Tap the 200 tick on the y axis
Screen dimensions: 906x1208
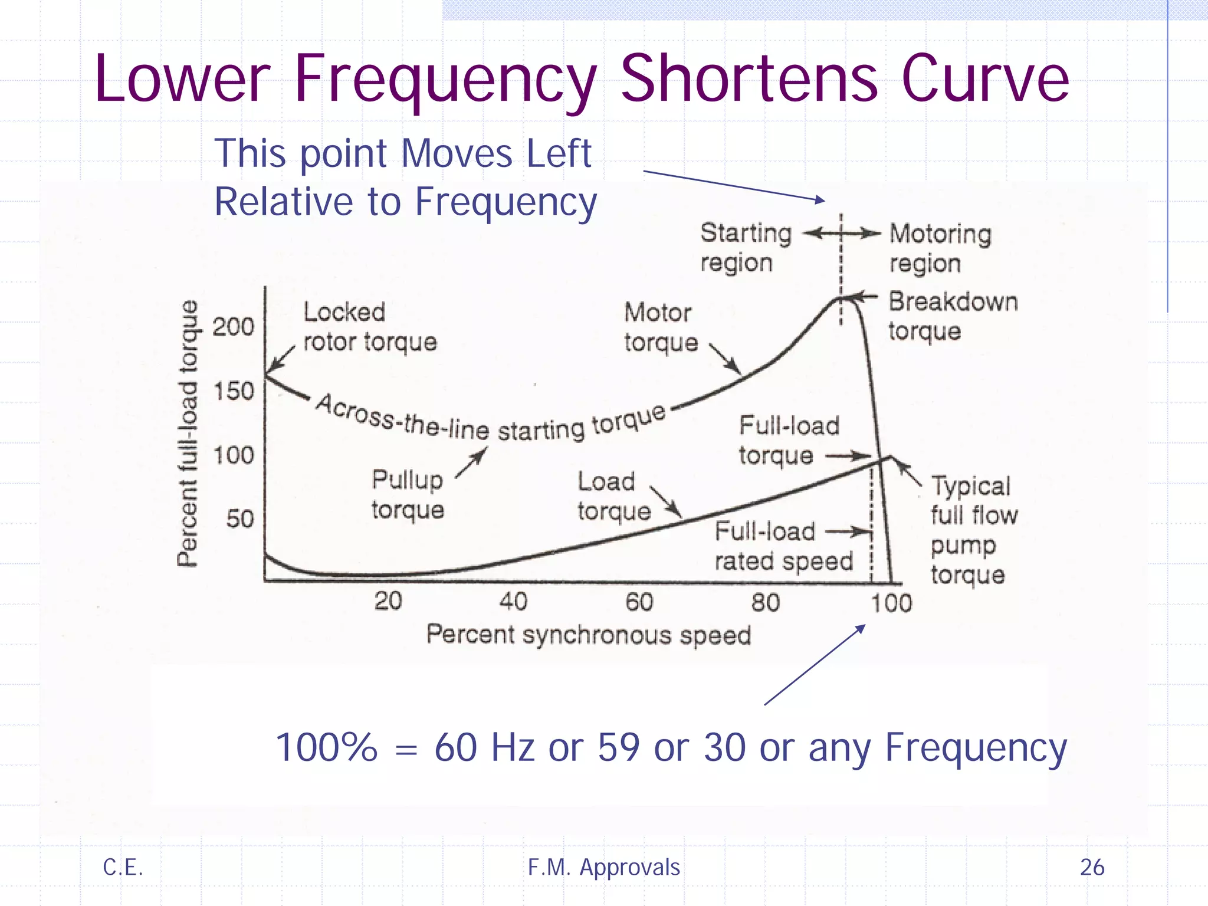[x=233, y=327]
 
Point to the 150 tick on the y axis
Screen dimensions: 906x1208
[x=233, y=391]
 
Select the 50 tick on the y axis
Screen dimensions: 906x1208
[x=239, y=519]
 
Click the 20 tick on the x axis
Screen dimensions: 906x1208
[x=388, y=601]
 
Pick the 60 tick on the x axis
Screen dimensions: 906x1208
[x=639, y=602]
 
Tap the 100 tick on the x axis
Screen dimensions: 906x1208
[x=891, y=603]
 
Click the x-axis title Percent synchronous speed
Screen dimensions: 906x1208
[x=588, y=635]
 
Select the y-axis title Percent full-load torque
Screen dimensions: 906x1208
[x=188, y=434]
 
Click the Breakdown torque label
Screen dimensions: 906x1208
[x=952, y=316]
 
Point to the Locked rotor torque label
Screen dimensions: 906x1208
[x=369, y=327]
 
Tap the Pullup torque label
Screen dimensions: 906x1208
[x=408, y=494]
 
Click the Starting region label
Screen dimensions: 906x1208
[x=746, y=248]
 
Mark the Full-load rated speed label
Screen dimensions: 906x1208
[x=783, y=546]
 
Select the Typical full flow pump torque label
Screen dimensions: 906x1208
[x=973, y=530]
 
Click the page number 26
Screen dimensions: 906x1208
[x=1092, y=867]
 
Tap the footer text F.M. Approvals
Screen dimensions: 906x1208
[x=603, y=867]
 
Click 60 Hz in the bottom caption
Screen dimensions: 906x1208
[x=484, y=747]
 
